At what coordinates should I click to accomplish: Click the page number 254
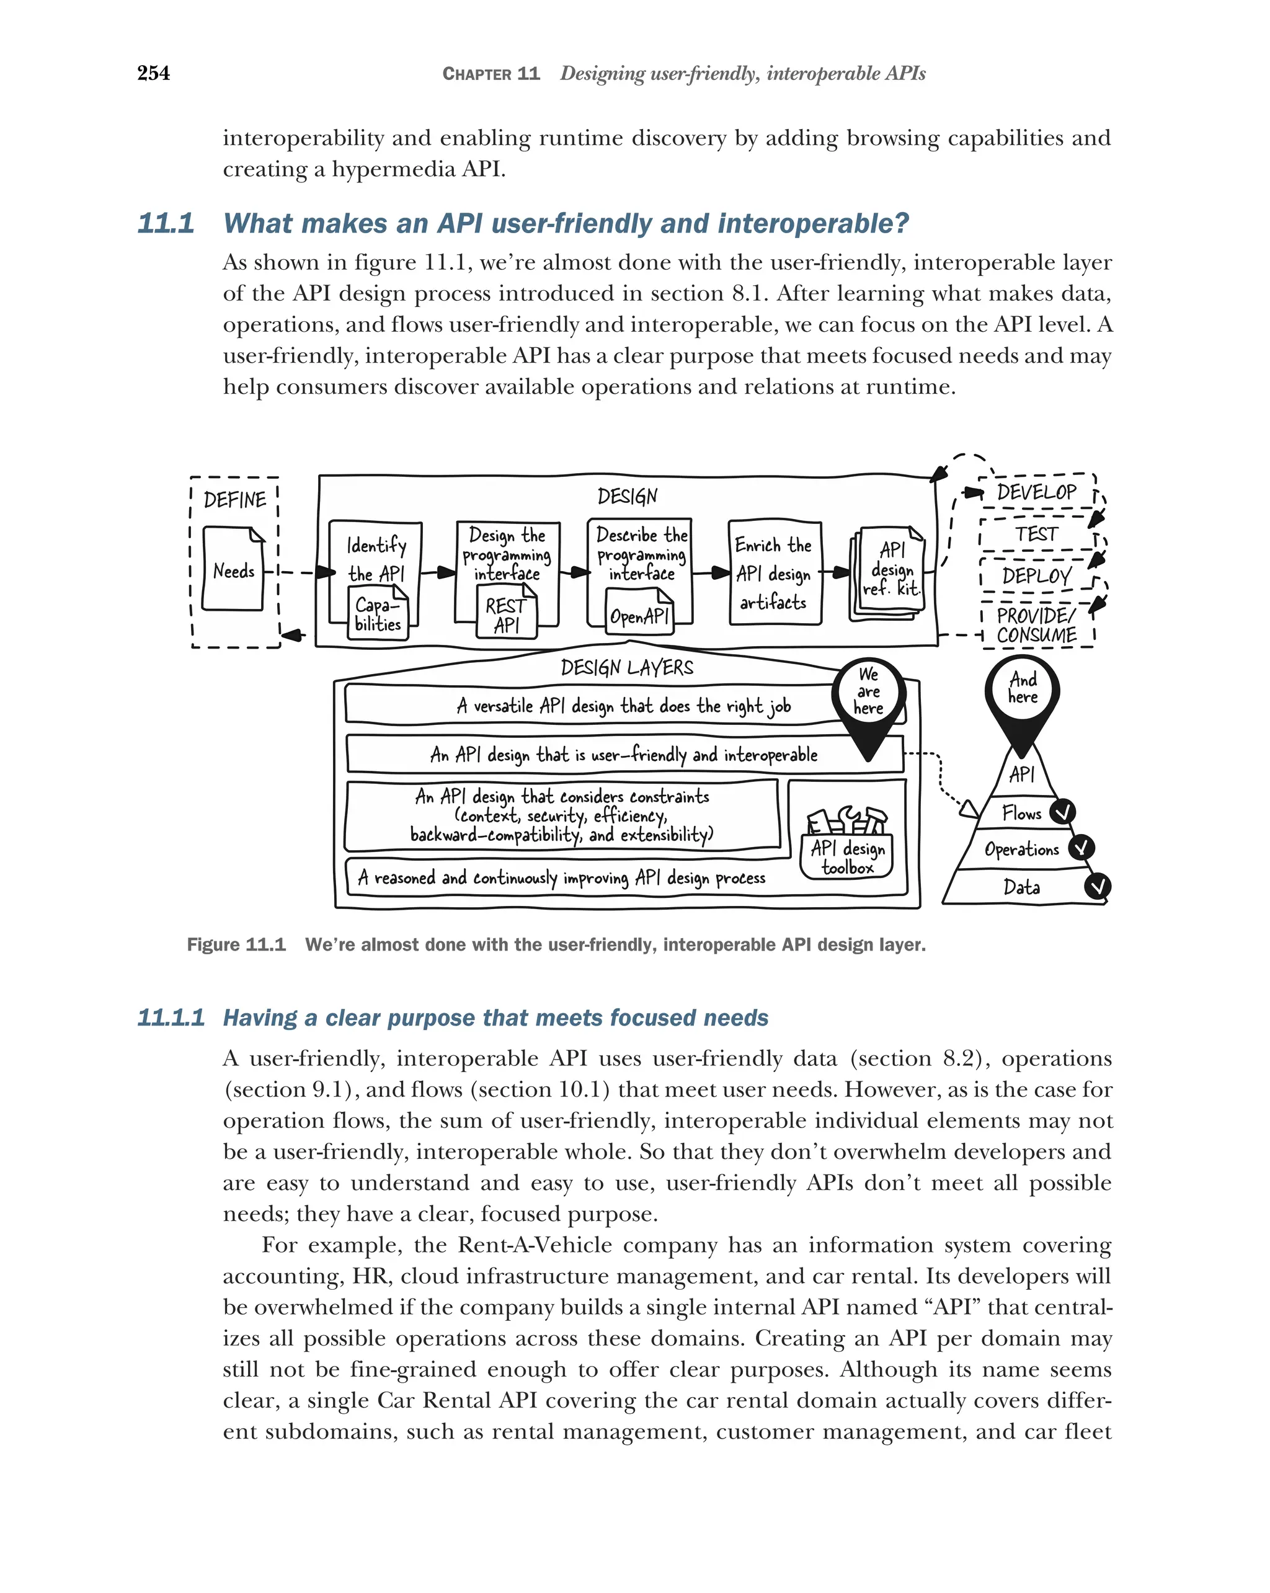(x=154, y=73)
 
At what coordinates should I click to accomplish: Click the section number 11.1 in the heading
(x=166, y=223)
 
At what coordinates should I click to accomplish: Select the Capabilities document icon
(x=378, y=613)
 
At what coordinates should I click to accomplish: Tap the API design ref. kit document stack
(x=889, y=571)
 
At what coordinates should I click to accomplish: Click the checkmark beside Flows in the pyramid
(x=1062, y=813)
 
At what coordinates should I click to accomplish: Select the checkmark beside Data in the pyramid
(x=1098, y=886)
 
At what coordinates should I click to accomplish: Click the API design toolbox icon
(x=846, y=842)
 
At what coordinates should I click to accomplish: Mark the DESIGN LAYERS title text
(x=626, y=668)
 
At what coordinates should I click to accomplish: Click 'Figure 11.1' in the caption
(x=236, y=944)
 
